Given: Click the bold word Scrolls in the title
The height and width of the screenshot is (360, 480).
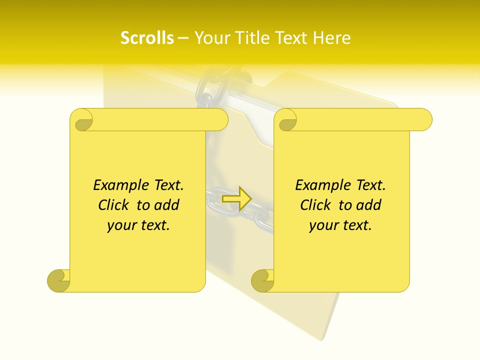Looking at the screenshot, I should [x=147, y=38].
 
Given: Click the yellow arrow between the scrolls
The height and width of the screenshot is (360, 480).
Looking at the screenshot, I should [x=236, y=198].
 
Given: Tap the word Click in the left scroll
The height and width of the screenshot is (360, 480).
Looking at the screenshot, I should [x=114, y=205].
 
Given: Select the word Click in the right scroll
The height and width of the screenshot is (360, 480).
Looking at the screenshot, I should [x=315, y=205].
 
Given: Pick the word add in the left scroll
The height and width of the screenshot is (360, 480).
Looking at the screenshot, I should [x=166, y=205].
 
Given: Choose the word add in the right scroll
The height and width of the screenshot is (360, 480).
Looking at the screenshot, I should [x=368, y=205].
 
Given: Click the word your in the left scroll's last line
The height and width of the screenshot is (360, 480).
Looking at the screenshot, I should [x=120, y=225].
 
